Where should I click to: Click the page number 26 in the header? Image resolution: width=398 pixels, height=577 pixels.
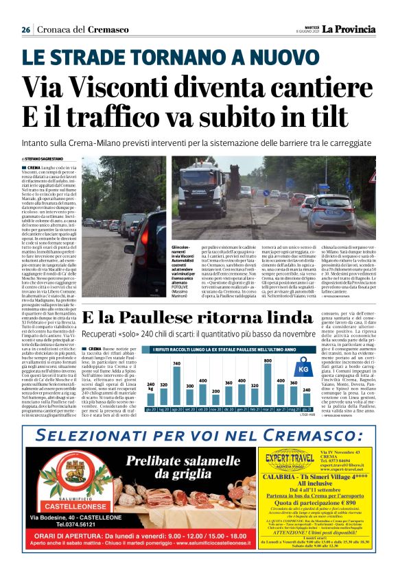pos(25,29)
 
